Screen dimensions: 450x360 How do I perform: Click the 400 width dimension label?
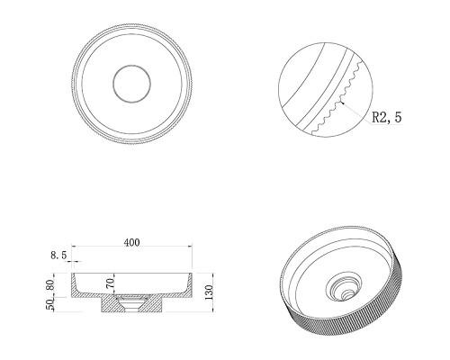point(131,242)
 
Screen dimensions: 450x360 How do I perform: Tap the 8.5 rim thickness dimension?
point(58,256)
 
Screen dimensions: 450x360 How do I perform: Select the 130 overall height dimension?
point(209,292)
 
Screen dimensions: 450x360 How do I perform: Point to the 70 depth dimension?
point(111,283)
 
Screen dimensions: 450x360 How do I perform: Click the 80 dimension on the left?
point(50,284)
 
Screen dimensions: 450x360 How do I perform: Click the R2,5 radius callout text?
point(387,117)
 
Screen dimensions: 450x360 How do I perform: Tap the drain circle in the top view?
point(131,84)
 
